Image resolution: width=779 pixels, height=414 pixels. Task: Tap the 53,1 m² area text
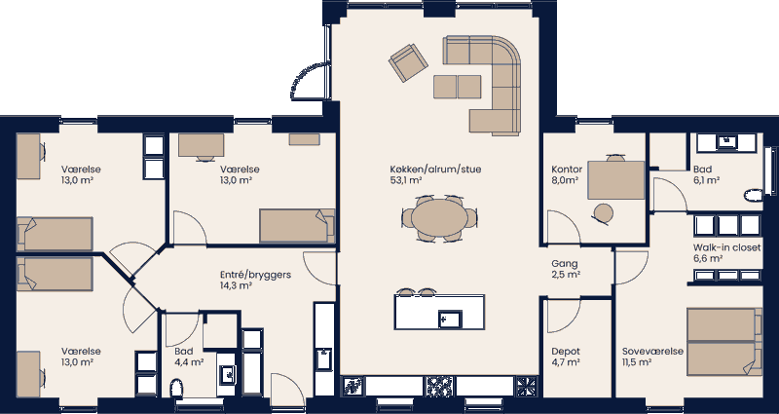tap(405, 180)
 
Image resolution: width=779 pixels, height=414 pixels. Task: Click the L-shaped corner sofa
tap(492, 83)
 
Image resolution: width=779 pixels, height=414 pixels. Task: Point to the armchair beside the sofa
tap(407, 63)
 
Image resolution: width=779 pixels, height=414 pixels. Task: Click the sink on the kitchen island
tap(450, 319)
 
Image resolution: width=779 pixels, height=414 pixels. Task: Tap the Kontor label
tap(567, 169)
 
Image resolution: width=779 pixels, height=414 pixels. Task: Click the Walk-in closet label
tap(726, 247)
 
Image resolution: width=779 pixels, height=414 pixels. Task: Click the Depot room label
tap(566, 351)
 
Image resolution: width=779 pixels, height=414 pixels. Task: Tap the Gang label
tap(565, 264)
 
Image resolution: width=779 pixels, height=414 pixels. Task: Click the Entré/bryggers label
tap(256, 276)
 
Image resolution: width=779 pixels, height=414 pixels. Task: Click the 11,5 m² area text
tap(638, 362)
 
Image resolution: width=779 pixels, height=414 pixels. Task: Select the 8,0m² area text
tap(566, 180)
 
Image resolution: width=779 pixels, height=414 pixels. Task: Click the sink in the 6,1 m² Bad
tap(725, 141)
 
